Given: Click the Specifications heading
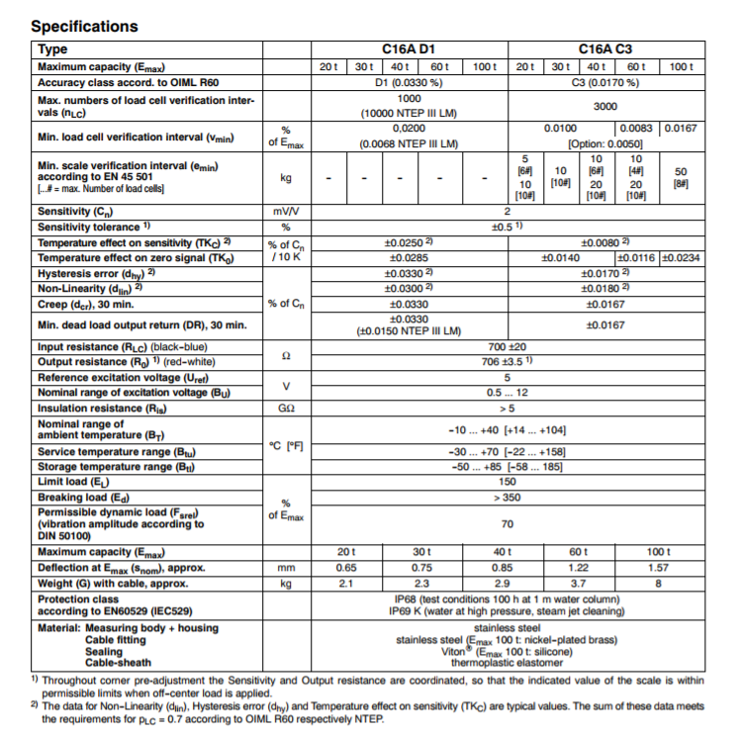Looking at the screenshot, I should (84, 27).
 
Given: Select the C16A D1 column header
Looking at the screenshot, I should (409, 48).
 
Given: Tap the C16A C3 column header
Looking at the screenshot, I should (604, 48).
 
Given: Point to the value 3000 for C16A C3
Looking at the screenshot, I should (604, 106).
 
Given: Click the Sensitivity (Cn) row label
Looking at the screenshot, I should (75, 211).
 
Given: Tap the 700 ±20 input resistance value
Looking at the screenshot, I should (507, 347).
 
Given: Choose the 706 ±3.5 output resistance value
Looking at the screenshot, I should (507, 362).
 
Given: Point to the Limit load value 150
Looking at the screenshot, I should (507, 481).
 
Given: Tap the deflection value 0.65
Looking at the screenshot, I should (346, 568).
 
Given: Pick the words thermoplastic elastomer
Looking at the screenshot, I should (507, 663).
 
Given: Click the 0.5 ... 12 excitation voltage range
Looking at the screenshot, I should (507, 392).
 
